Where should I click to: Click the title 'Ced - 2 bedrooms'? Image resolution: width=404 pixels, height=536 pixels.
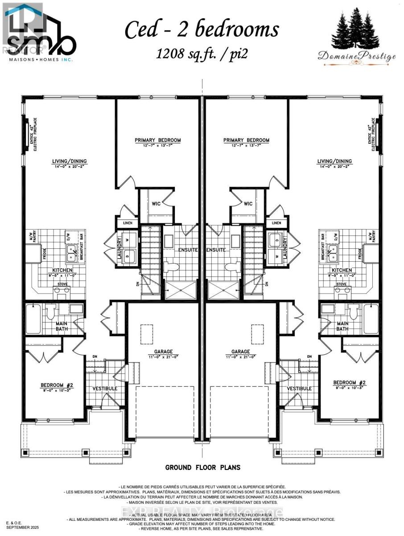(202, 29)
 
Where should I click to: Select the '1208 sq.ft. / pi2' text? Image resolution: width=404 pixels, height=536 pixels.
(202, 54)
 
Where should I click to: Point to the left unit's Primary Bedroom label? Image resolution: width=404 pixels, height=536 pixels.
(158, 140)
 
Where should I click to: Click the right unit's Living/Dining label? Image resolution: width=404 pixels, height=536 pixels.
(334, 161)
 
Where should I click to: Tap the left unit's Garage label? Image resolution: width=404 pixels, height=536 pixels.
(161, 352)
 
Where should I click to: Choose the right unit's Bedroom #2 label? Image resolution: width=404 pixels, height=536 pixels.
(350, 383)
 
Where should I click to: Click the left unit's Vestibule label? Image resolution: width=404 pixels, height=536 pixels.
(105, 388)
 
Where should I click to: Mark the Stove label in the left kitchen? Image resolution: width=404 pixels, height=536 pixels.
(62, 284)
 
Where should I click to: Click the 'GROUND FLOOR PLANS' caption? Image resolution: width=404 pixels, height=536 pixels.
(203, 468)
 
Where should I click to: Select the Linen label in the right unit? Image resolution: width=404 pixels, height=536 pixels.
(276, 223)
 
